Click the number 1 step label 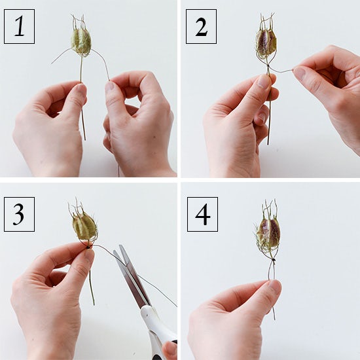pos(19,26)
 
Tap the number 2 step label pos(201,26)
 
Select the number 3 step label pos(19,214)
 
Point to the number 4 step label pos(202,214)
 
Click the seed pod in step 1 pos(81,42)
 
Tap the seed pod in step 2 pos(266,42)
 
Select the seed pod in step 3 pos(85,226)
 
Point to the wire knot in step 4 pos(273,260)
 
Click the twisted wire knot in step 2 pos(268,66)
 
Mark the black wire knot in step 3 pos(88,247)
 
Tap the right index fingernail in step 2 pos(299,72)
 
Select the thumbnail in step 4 pos(275,287)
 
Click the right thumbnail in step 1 pos(110,87)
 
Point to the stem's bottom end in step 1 pos(85,140)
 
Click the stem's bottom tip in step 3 pos(94,304)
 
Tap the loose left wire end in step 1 pos(52,63)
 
